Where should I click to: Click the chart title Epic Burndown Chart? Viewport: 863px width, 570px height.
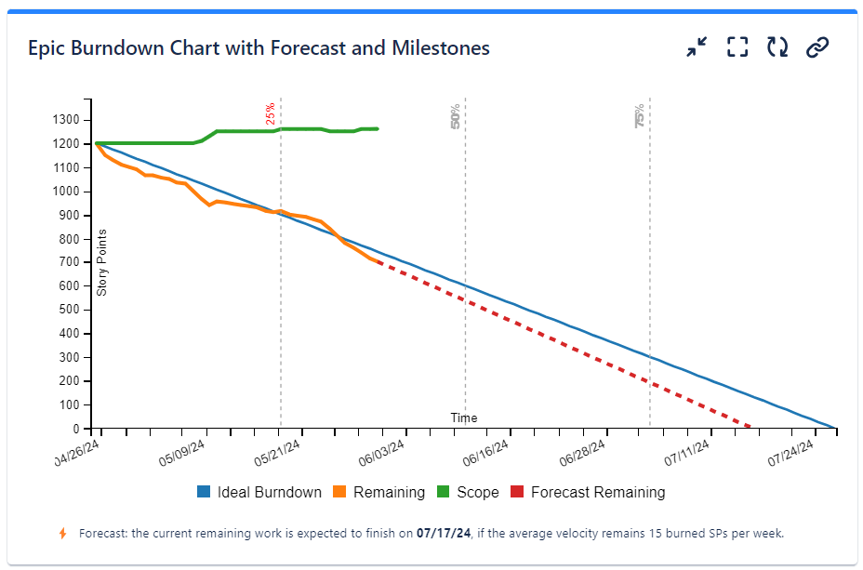(259, 47)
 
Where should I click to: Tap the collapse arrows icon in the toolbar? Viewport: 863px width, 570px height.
(697, 47)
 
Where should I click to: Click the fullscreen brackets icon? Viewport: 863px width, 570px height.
(737, 47)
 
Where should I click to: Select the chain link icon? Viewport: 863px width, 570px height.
(817, 47)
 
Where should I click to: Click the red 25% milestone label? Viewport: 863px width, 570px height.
(271, 113)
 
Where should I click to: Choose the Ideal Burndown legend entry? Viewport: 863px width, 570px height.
(259, 493)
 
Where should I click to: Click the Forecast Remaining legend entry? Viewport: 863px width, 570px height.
(588, 493)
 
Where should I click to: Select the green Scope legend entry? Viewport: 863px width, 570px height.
(468, 493)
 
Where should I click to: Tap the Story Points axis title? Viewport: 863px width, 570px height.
(102, 262)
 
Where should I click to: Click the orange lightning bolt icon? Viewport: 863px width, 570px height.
(63, 534)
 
